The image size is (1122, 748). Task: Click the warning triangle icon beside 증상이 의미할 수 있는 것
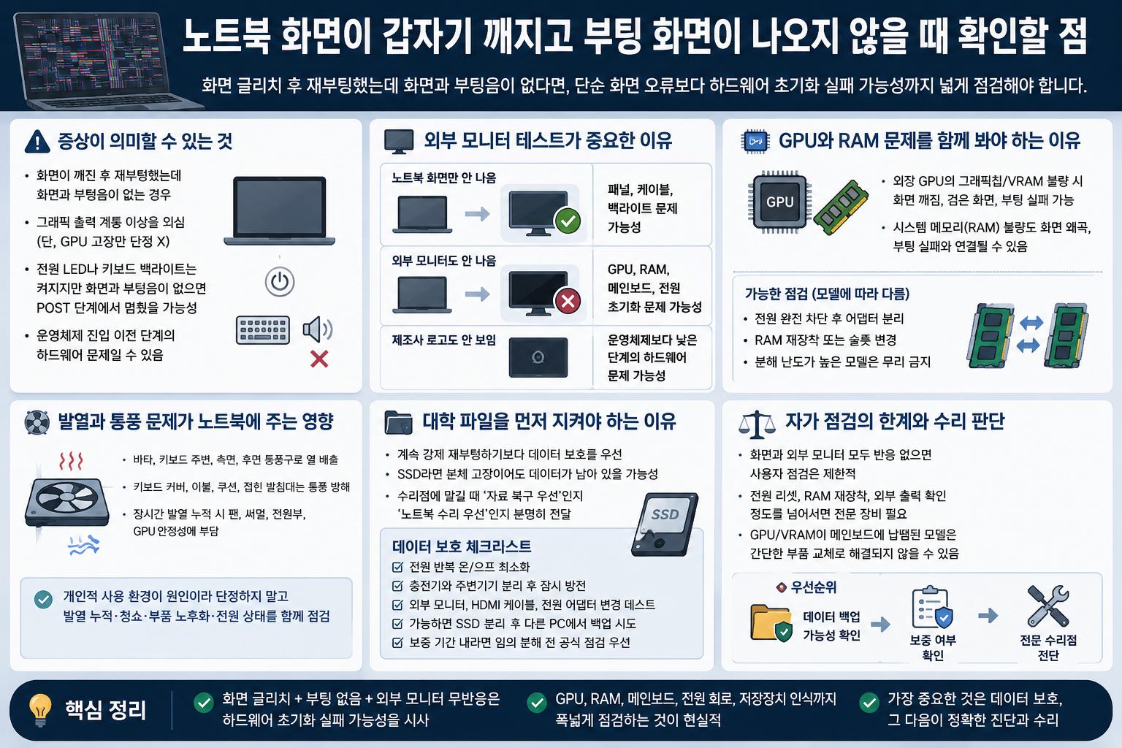point(37,142)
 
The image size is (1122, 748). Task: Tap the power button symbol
point(280,281)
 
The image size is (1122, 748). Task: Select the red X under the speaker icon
point(319,359)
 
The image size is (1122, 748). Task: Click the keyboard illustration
point(262,330)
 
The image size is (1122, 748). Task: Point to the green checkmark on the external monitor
point(568,221)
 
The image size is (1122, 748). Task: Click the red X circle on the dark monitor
point(568,301)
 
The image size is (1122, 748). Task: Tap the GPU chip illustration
point(779,202)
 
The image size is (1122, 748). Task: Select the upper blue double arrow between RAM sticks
point(1031,323)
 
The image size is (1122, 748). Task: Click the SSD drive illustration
point(665,524)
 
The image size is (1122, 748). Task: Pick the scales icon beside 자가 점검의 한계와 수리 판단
point(757,424)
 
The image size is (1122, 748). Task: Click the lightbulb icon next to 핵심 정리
point(41,709)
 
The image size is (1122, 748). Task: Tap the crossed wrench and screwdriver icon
point(1048,606)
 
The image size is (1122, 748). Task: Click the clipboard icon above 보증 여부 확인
point(931,607)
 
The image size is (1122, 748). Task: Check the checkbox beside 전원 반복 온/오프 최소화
point(397,567)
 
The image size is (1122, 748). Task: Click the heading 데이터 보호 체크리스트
point(462,546)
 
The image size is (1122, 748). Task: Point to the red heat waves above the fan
point(71,461)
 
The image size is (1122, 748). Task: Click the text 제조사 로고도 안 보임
point(444,340)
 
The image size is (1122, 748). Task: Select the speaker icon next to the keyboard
point(318,329)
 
